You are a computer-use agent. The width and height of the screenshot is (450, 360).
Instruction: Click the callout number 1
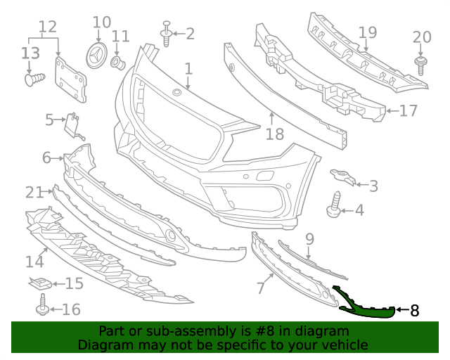(188, 69)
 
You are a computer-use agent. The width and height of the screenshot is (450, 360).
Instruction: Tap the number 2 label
(190, 34)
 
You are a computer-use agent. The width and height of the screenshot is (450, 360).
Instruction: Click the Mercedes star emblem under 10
(98, 56)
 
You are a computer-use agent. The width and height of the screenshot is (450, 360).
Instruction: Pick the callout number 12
(47, 28)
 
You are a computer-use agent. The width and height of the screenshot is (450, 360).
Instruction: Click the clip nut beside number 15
(41, 284)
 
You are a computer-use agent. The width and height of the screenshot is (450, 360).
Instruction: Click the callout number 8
(414, 310)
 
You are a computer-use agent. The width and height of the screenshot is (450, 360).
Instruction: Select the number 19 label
(368, 33)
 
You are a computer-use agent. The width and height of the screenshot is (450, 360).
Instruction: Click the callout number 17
(409, 110)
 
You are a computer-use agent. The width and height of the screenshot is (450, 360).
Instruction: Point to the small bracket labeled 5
(73, 125)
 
